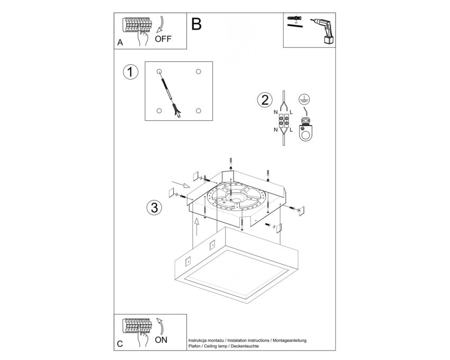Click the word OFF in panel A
point(163,39)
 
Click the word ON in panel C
point(161,340)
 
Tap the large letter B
point(196,24)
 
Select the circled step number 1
point(131,72)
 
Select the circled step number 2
point(265,100)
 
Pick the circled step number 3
point(155,208)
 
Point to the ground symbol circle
point(304,99)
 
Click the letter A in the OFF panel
point(120,42)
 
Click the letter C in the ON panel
point(120,344)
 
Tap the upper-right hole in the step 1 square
point(199,71)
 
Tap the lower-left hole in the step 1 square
point(159,111)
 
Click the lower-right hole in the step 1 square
point(199,111)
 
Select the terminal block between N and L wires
point(283,121)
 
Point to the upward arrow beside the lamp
point(196,227)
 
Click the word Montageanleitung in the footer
point(290,340)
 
